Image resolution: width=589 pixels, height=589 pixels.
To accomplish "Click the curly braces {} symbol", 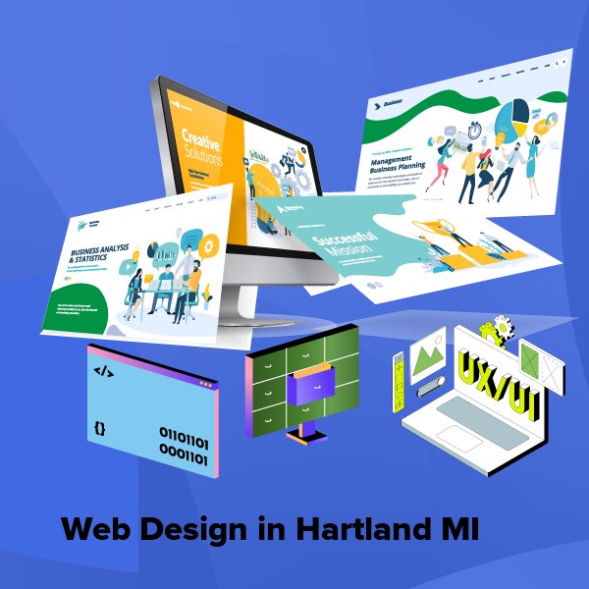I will (x=100, y=428).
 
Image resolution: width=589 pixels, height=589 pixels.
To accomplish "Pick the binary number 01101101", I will (x=184, y=433).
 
